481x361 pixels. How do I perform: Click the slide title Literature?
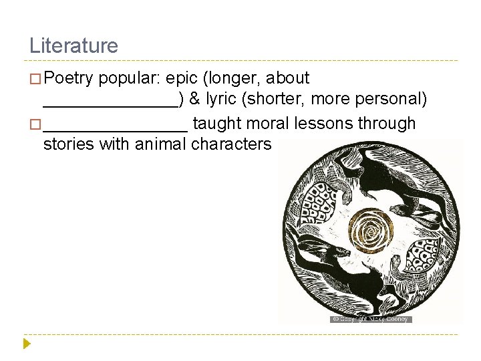(x=73, y=45)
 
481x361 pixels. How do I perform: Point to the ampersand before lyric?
(x=194, y=100)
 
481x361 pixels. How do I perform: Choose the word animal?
(x=161, y=144)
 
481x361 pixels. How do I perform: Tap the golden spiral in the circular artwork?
(x=369, y=231)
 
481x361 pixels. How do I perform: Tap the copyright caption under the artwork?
(x=371, y=320)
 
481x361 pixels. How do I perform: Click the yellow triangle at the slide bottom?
(x=27, y=344)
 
